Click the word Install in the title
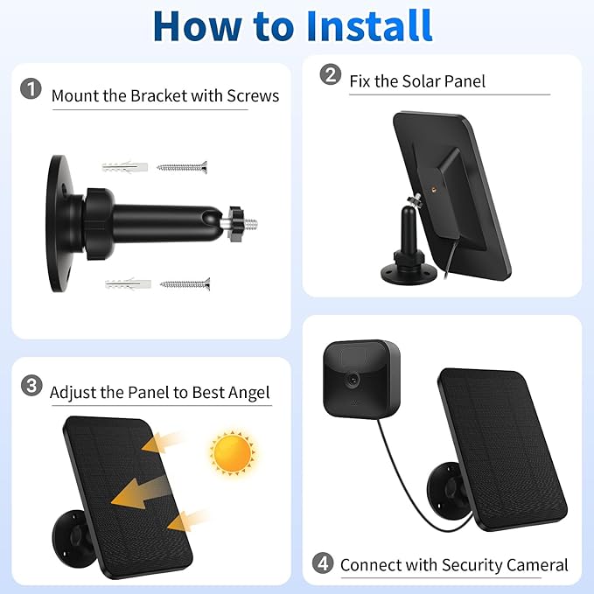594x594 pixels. (x=369, y=25)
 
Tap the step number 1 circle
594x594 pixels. (x=31, y=88)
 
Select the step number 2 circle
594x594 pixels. (x=331, y=73)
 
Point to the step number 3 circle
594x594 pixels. (x=31, y=386)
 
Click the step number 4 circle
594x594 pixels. (x=323, y=563)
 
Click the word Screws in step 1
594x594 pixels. (x=253, y=96)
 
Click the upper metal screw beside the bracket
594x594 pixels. (x=182, y=167)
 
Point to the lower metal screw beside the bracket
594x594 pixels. (x=185, y=283)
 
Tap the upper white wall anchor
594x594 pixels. (x=124, y=167)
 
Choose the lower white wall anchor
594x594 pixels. (x=128, y=283)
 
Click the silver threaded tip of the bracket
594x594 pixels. (x=250, y=224)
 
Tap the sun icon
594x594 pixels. (x=232, y=452)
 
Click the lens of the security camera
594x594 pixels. (x=353, y=379)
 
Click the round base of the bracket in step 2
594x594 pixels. (x=409, y=274)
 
